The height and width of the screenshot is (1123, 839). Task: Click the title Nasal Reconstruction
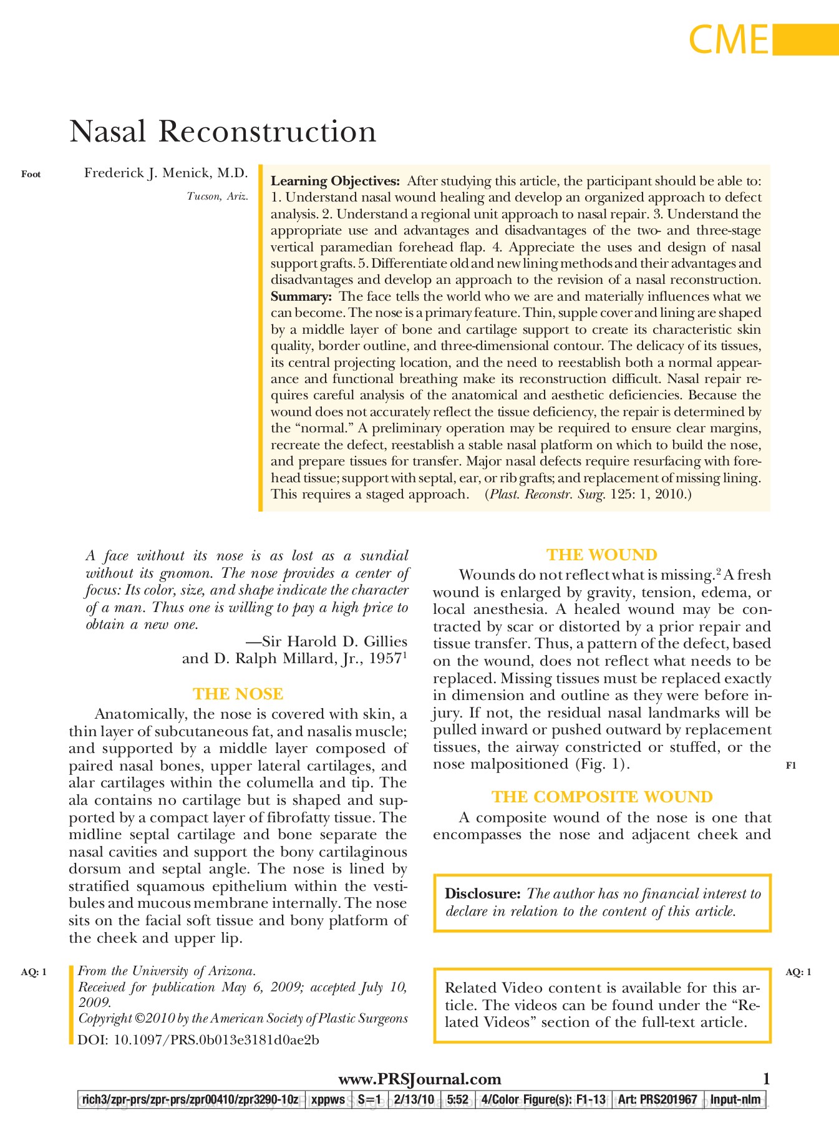[x=223, y=132]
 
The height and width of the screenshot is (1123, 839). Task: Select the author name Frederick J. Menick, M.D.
[x=166, y=173]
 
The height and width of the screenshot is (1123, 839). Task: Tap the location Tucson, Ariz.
[x=217, y=197]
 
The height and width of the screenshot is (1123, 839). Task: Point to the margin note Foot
[x=31, y=175]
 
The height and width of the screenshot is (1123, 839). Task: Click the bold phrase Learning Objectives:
[x=335, y=182]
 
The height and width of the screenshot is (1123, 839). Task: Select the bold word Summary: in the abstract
[x=301, y=297]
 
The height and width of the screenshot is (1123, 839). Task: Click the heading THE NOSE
[x=238, y=694]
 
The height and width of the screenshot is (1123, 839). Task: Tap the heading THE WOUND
[x=602, y=555]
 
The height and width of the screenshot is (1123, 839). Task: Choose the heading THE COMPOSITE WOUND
[x=602, y=797]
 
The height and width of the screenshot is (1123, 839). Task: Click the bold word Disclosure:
[x=482, y=894]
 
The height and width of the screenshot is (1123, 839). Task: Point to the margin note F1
[x=791, y=766]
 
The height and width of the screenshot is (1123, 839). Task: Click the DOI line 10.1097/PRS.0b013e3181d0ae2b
[x=198, y=1040]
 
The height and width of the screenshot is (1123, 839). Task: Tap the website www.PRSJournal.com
[x=419, y=1079]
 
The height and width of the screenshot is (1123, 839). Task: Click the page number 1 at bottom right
[x=767, y=1079]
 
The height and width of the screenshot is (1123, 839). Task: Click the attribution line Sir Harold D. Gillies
[x=326, y=642]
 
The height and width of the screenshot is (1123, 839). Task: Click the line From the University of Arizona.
[x=167, y=971]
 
